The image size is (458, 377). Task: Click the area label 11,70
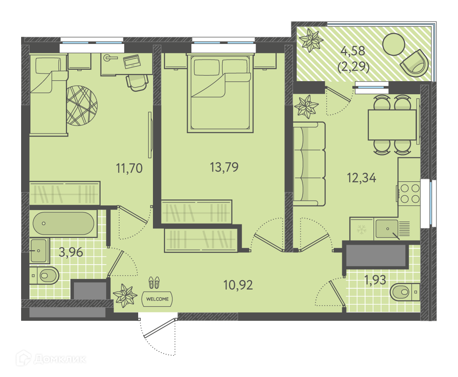coord(129,168)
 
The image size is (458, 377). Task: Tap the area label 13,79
coord(224,167)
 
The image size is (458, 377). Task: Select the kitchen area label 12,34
coord(361,178)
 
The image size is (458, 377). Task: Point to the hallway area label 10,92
coord(238,285)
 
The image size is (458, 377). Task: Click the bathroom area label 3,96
coord(71,252)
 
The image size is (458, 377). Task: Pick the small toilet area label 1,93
coord(375,280)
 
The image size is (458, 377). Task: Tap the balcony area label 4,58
coord(353,51)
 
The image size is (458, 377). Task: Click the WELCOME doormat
coord(157,299)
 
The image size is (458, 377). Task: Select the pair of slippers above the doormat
coord(154,282)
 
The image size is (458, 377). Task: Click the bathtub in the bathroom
coord(63,223)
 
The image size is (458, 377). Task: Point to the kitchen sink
coord(387,229)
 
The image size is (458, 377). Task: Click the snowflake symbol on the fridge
coord(362,229)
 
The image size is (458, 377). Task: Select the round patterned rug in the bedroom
coord(82,106)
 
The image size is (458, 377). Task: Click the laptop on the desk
coord(131,61)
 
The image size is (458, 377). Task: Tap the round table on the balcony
coord(393,44)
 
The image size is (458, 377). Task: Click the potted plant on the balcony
coord(311,40)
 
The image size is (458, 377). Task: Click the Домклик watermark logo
coord(51,358)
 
